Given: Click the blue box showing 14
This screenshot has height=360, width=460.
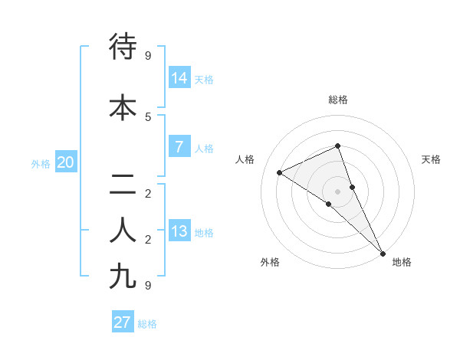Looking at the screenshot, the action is point(179,77).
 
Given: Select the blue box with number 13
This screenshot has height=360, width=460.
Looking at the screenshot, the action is point(179,231).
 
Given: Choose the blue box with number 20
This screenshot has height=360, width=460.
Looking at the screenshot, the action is point(66,162).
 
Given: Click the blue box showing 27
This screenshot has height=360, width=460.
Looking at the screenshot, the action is point(123,322).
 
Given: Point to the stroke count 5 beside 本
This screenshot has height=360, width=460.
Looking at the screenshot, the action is point(148,116).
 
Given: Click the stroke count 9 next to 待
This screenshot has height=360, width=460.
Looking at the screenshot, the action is point(148,55).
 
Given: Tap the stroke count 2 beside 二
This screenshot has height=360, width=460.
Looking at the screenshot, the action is point(148,193).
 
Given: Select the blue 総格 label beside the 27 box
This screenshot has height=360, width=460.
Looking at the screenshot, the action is point(147,324).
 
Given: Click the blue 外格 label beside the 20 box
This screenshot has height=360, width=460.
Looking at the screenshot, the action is point(41,164).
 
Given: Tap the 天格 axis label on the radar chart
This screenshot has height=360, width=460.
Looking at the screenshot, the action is point(431,159).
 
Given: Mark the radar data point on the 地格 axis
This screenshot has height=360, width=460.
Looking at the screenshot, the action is point(383,253).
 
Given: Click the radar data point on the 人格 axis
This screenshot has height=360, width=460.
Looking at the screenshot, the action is point(280,172).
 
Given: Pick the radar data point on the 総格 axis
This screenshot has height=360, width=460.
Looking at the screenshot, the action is point(338,146).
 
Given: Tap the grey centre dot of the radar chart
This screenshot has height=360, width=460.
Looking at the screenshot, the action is point(338,191).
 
